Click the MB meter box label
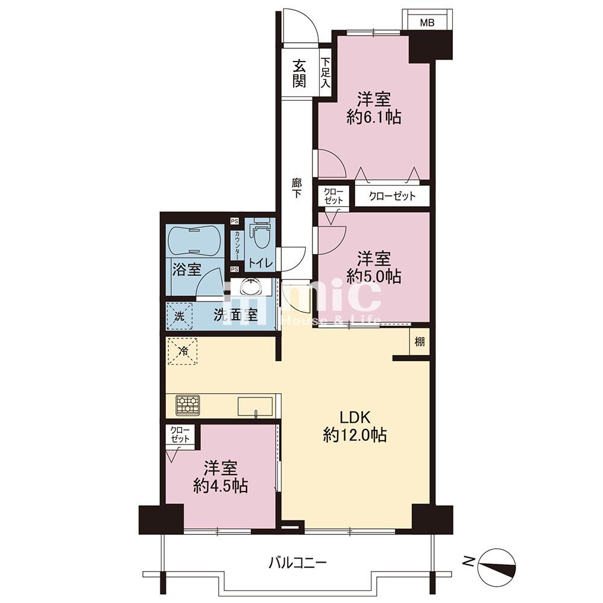click(427, 23)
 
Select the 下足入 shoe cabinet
click(326, 72)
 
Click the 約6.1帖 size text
click(374, 117)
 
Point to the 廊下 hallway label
click(297, 188)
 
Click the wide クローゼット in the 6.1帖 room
click(392, 197)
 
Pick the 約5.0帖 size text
click(374, 276)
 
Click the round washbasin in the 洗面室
click(250, 286)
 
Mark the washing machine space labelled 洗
click(179, 316)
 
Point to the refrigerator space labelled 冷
click(184, 351)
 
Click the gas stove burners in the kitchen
click(188, 405)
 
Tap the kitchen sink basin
click(255, 406)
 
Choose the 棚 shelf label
click(420, 341)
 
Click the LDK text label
click(355, 417)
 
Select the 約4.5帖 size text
click(220, 487)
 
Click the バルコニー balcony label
click(297, 564)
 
